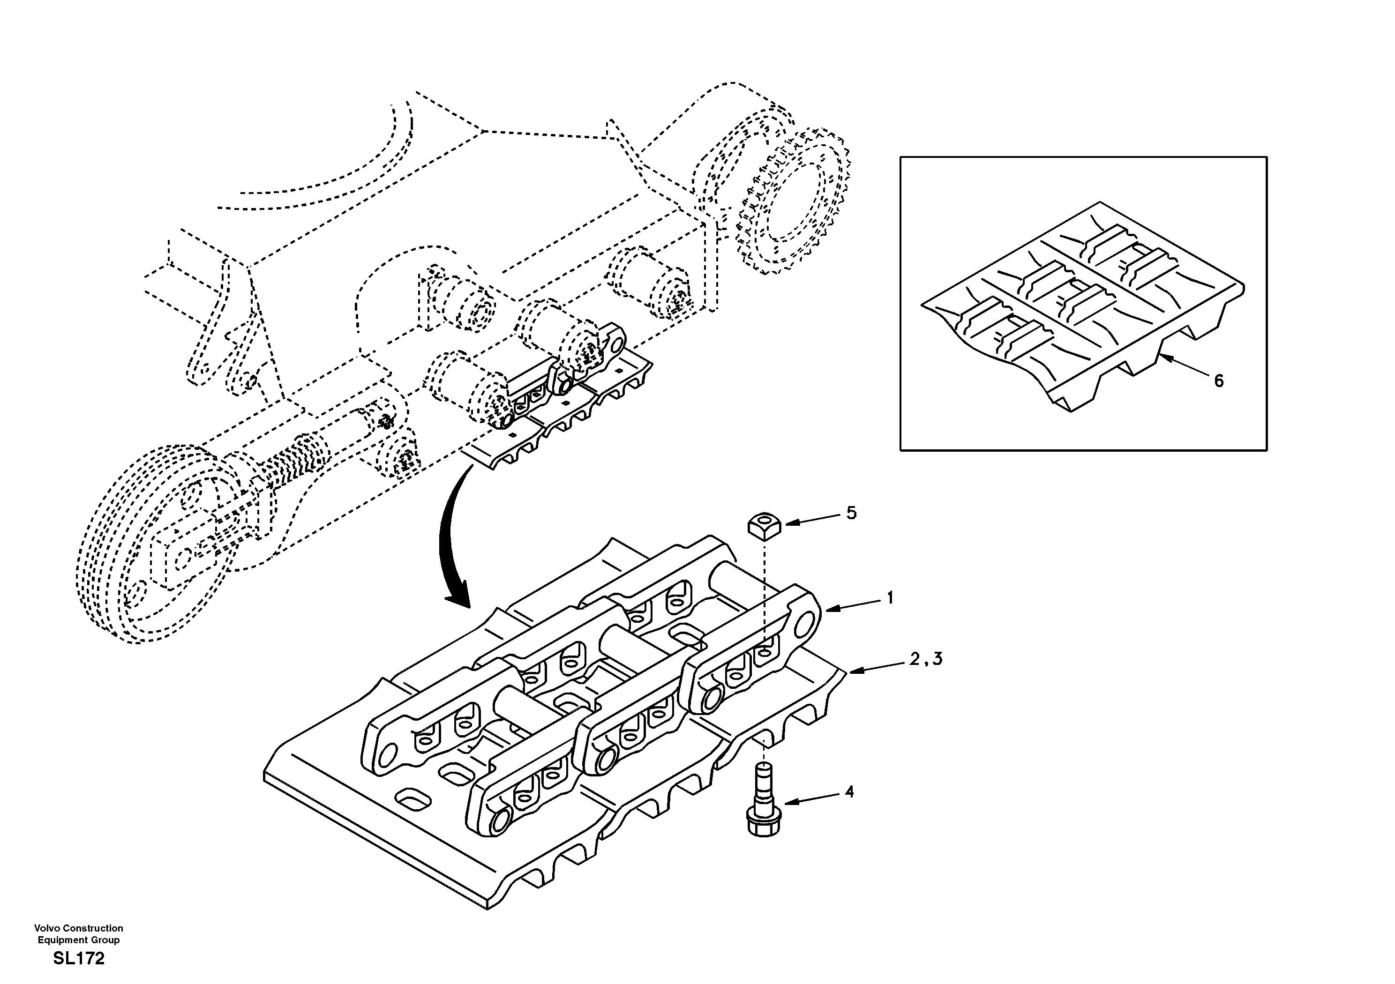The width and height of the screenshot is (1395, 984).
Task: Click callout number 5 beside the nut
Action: point(852,513)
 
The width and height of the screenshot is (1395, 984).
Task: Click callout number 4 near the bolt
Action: point(849,792)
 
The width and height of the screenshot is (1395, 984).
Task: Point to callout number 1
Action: point(890,598)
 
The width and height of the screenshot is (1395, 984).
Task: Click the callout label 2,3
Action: point(926,659)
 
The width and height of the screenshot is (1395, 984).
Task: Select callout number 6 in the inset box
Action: point(1219,381)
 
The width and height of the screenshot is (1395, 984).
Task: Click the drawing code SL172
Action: point(79,959)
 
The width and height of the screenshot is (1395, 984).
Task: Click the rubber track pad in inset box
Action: point(1081,304)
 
